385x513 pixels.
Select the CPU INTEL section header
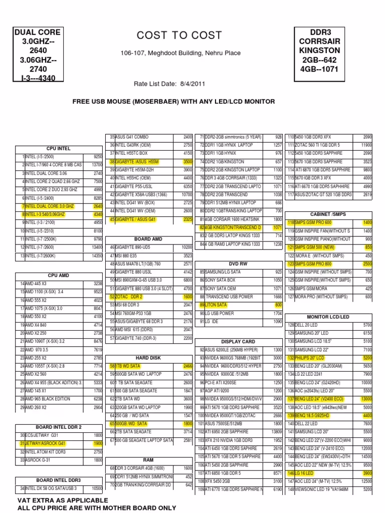tap(59, 148)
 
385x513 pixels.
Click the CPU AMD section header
tap(58, 275)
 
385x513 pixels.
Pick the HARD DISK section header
tap(148, 358)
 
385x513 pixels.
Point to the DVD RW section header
tap(239, 264)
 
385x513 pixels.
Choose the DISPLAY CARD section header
tap(239, 341)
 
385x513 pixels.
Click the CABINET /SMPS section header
tap(328, 214)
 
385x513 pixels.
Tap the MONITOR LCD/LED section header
tap(328, 317)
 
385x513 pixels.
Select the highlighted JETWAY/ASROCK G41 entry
tap(47, 443)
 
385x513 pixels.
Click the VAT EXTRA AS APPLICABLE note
tap(63, 500)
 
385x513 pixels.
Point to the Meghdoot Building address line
tap(180, 53)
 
